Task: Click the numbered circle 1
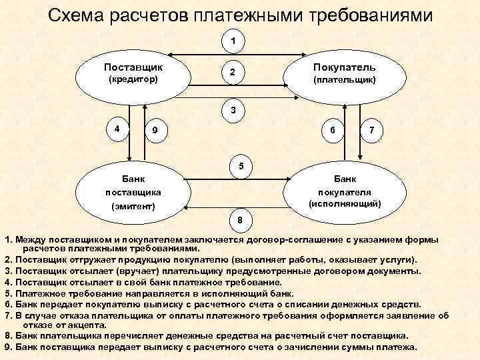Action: pyautogui.click(x=233, y=41)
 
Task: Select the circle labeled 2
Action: pyautogui.click(x=232, y=71)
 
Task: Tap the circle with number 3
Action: pyautogui.click(x=233, y=110)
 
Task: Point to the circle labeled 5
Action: pyautogui.click(x=241, y=166)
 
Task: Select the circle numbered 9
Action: pyautogui.click(x=155, y=131)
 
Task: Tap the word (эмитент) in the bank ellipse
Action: pyautogui.click(x=133, y=207)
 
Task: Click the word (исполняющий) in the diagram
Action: pyautogui.click(x=345, y=203)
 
